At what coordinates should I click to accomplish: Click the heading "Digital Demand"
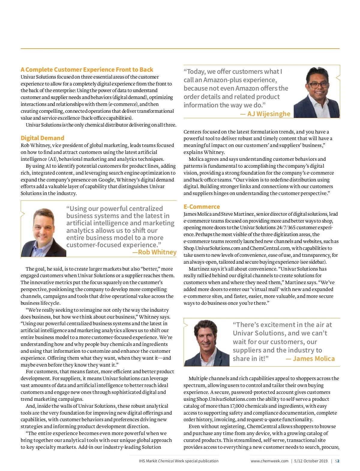pos(42,138)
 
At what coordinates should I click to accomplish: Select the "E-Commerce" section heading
pos(202,207)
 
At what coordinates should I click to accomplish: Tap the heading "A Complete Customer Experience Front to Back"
pos(87,70)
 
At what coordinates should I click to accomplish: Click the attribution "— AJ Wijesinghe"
pos(265,114)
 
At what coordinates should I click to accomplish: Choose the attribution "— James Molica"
pos(310,359)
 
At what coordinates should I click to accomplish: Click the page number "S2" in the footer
pos(337,461)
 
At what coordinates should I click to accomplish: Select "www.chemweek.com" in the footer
pos(269,461)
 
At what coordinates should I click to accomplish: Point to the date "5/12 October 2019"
pos(311,461)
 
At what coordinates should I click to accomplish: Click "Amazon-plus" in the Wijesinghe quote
pos(240,80)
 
